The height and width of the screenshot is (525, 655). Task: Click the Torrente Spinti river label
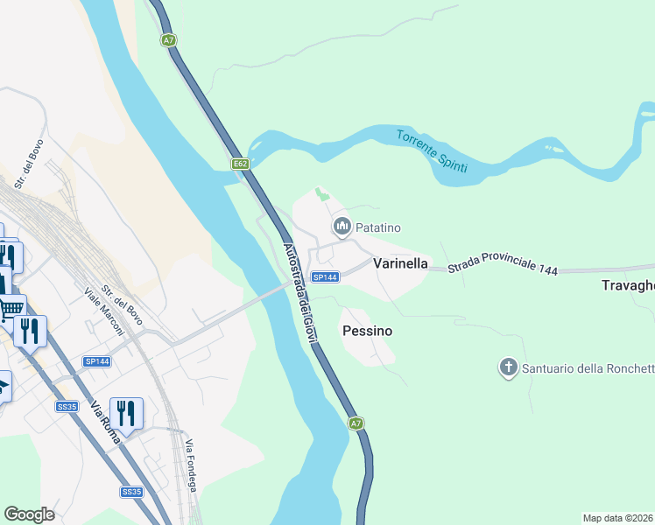432,150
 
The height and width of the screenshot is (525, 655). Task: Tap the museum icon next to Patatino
342,227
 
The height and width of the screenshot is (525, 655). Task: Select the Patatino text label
377,227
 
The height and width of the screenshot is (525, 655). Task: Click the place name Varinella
400,262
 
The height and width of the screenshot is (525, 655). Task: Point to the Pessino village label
367,332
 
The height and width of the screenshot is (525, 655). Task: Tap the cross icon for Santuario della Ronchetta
509,367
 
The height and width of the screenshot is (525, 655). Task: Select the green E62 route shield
241,164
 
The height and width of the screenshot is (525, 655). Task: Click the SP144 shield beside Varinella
325,277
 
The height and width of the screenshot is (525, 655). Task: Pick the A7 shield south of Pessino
355,423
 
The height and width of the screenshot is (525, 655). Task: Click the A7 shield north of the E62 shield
169,39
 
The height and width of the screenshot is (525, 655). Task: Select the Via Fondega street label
196,455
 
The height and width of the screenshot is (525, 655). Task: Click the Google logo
29,514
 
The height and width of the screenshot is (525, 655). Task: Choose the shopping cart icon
11,307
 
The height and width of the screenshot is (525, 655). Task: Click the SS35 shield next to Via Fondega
131,492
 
